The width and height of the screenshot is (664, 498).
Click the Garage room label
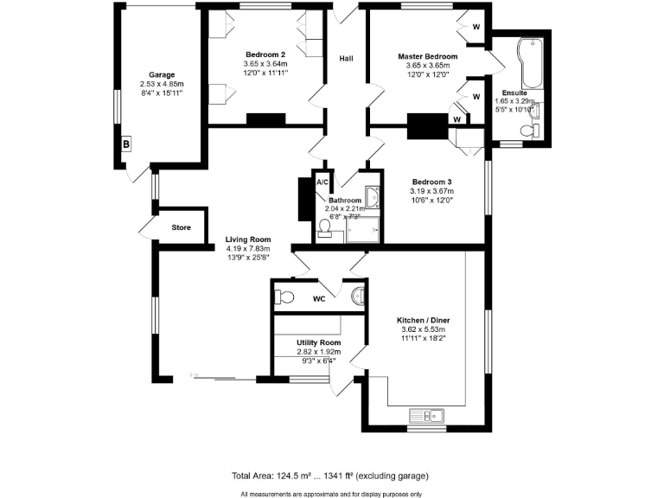click(162, 74)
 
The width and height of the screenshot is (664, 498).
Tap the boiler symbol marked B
click(126, 144)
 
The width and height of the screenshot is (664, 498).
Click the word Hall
click(346, 59)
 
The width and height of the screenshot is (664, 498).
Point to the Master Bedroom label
click(427, 56)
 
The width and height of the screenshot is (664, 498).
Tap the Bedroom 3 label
click(432, 182)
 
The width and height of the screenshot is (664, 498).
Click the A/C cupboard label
click(322, 182)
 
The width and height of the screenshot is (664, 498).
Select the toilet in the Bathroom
click(325, 227)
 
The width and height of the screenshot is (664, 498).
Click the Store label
click(181, 228)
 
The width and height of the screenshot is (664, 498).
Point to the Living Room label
click(248, 239)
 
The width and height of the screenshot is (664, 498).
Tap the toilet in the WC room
click(283, 297)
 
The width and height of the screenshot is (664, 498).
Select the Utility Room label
click(319, 342)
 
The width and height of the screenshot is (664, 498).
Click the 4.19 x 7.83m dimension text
click(248, 248)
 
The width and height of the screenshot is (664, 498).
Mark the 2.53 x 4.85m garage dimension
click(162, 84)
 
